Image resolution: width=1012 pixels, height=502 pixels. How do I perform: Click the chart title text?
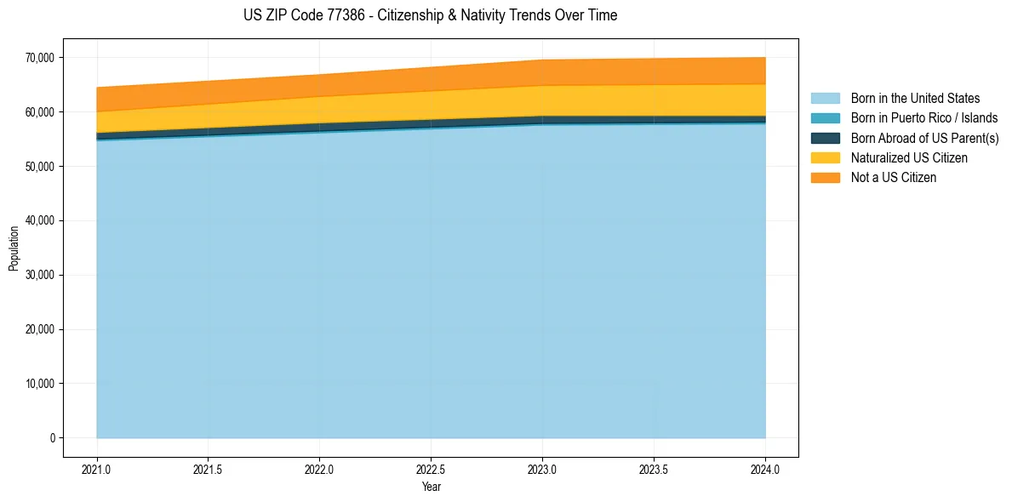[x=430, y=15]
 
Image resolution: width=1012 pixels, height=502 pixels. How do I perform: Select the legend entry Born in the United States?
[x=915, y=99]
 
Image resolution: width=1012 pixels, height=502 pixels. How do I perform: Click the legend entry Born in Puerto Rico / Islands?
[x=923, y=118]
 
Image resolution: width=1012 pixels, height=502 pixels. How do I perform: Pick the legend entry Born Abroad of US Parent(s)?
[x=924, y=138]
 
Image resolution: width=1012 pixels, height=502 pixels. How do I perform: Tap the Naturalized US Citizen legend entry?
[x=909, y=157]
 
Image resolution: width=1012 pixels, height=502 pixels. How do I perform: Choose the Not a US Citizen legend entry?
[x=893, y=177]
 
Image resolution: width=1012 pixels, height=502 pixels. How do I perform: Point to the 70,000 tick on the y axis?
[x=39, y=58]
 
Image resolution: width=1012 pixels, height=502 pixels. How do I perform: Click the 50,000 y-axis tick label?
[x=39, y=167]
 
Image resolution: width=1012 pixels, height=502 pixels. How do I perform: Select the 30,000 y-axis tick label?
[x=39, y=276]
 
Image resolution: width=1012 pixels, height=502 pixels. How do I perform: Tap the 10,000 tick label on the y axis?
[x=39, y=384]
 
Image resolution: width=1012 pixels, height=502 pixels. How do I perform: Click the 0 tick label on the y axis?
[x=51, y=438]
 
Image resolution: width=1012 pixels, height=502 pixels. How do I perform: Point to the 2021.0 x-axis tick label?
[x=97, y=469]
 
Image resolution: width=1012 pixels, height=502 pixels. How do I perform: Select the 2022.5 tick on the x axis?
[x=432, y=469]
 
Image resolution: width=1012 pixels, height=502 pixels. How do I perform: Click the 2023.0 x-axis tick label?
[x=543, y=469]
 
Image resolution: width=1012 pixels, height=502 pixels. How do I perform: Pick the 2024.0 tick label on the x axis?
[x=766, y=469]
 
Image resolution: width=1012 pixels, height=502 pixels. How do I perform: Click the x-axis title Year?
[x=432, y=487]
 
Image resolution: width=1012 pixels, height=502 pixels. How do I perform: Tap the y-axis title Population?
[x=14, y=248]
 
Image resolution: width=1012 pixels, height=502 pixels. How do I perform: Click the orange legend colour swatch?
[x=825, y=177]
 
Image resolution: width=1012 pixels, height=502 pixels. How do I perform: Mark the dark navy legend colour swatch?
[x=825, y=138]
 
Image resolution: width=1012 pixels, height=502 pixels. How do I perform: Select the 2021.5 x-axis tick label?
[x=209, y=469]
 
